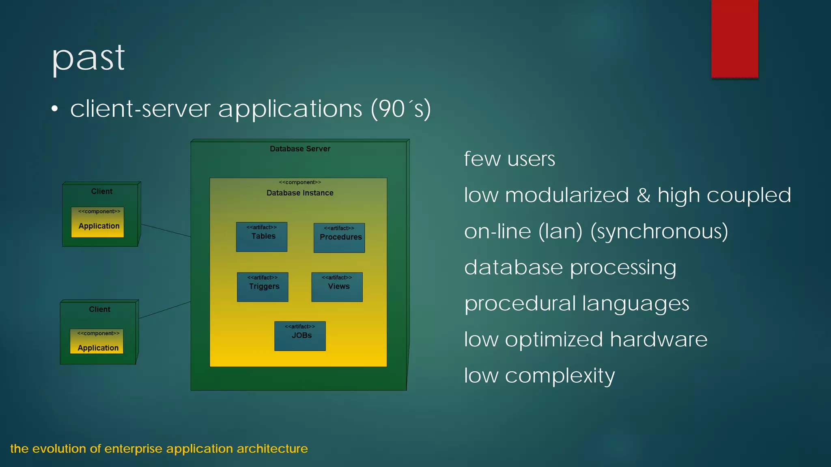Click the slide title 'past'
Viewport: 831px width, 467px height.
coord(88,59)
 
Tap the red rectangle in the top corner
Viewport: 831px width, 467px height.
coord(734,39)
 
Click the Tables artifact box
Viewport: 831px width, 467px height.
coord(262,237)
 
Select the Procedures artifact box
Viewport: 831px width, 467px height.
coord(339,238)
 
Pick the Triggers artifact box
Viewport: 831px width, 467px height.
coord(263,287)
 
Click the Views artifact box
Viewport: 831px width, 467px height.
coord(337,287)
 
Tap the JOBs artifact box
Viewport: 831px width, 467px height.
coord(300,336)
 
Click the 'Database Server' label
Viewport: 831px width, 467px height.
coord(300,149)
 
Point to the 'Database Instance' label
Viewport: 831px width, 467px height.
coord(300,193)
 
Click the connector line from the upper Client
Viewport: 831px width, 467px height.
coord(166,230)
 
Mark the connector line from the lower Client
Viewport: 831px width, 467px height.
coord(164,310)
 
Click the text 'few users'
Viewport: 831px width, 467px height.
coord(509,159)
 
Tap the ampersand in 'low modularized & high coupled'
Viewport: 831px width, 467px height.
coord(643,195)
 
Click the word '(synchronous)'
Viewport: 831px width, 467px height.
coord(659,231)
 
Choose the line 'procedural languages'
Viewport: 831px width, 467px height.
coord(577,304)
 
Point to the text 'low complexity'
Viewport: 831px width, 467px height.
coord(539,376)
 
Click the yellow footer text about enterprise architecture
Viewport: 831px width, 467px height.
coord(159,449)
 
